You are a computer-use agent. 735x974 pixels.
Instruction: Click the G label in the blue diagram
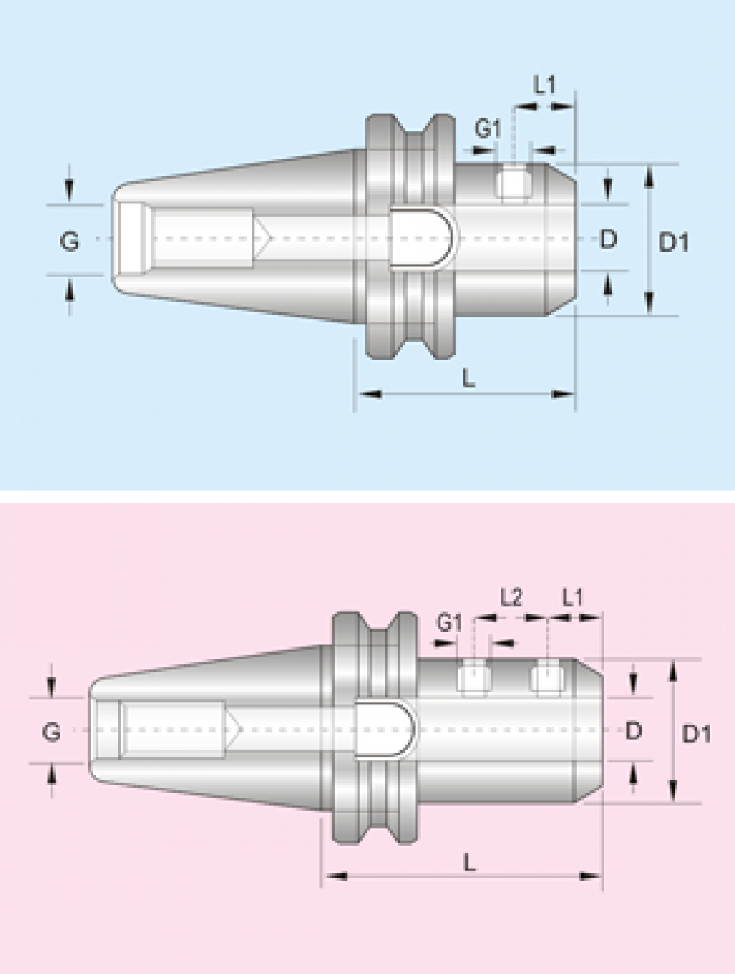(x=69, y=240)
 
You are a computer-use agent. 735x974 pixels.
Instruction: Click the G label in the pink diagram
(x=51, y=732)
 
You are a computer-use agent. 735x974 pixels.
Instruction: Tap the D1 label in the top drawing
(x=673, y=241)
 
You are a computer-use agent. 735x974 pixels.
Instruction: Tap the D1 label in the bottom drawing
(x=696, y=735)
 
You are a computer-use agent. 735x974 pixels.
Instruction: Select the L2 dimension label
(x=511, y=598)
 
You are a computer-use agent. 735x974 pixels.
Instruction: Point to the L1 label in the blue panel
(x=545, y=86)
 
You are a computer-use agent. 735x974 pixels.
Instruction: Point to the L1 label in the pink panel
(x=573, y=598)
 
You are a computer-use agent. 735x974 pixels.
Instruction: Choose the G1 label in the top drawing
(x=488, y=128)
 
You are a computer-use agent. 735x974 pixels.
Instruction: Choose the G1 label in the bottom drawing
(x=449, y=623)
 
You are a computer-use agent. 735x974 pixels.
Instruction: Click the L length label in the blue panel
(x=470, y=377)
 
